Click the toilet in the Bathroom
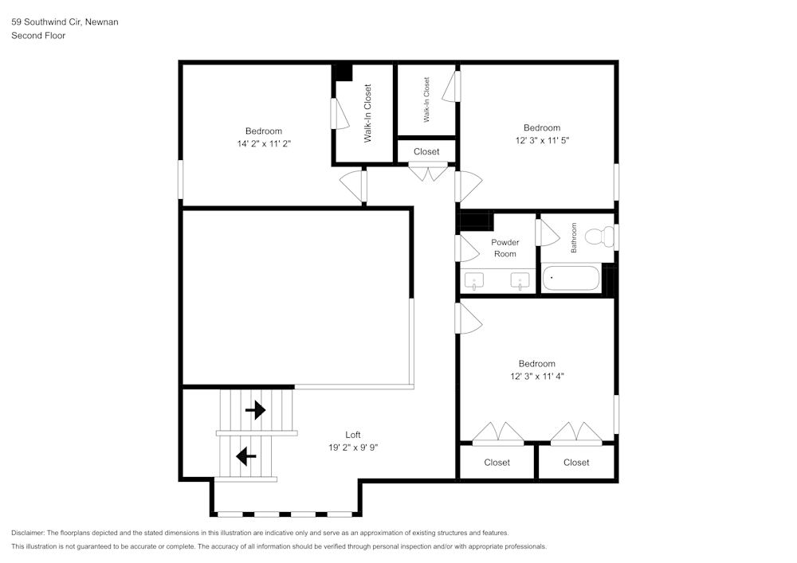599,237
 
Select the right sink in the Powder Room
520,281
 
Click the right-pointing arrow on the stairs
255,410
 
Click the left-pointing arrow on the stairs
245,457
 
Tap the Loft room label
352,434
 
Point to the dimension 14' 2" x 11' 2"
263,144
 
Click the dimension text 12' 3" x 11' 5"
541,140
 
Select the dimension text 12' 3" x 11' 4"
536,376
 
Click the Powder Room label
505,248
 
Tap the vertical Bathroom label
573,238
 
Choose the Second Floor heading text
38,36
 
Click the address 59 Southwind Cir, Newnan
65,22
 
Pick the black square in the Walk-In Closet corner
343,72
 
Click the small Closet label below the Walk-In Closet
426,151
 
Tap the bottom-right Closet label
575,463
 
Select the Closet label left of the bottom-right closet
497,463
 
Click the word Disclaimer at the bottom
28,533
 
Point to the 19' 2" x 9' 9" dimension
353,448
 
